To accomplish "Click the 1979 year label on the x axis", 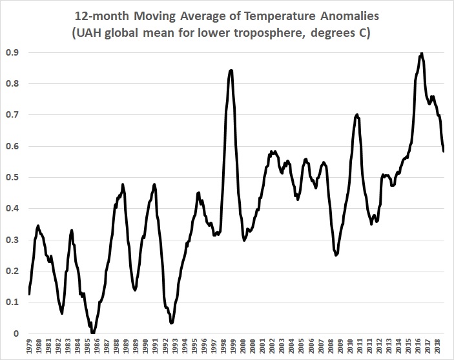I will coord(29,348).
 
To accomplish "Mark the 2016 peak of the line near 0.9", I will coord(422,54).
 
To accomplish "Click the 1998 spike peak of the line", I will coord(231,70).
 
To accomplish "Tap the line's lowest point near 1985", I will coord(93,333).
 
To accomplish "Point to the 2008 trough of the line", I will coord(336,255).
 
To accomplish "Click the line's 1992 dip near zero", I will coord(171,322).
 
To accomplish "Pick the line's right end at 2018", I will coord(444,151).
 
